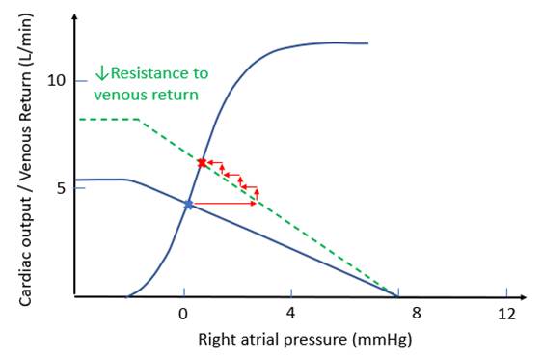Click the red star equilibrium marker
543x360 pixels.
pos(202,163)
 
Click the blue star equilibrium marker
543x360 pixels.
pos(188,205)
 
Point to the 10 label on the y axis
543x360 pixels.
pos(56,81)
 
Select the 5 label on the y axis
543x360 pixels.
pos(61,189)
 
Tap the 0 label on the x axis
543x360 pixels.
pos(183,314)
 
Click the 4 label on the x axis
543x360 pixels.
pos(290,313)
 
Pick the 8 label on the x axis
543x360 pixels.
pos(417,313)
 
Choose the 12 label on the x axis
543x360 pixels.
pos(507,314)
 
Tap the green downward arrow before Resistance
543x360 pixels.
pos(102,73)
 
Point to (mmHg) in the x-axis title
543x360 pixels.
pos(382,340)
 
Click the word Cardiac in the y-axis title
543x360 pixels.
pos(25,284)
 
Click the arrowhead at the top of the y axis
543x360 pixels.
pos(75,17)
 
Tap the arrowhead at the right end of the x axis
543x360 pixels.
pos(523,297)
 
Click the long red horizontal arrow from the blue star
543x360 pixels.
pos(225,204)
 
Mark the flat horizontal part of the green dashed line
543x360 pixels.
pos(109,120)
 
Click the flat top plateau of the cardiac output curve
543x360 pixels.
pos(333,43)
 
